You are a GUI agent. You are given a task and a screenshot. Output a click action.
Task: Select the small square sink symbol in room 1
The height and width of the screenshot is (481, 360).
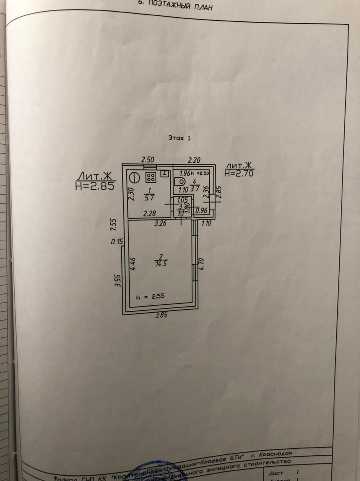[x=164, y=173]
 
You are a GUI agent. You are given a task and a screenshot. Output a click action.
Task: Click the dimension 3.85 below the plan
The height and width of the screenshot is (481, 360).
[x=161, y=315]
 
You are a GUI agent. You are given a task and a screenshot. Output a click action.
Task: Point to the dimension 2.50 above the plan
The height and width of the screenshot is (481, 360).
[x=148, y=160]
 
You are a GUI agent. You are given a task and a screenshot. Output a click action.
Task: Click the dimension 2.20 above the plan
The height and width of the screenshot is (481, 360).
[x=194, y=160]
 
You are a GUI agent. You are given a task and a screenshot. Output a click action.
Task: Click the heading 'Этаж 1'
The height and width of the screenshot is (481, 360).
[x=179, y=138]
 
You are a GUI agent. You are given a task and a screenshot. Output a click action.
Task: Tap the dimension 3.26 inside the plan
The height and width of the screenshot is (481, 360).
[x=159, y=224]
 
